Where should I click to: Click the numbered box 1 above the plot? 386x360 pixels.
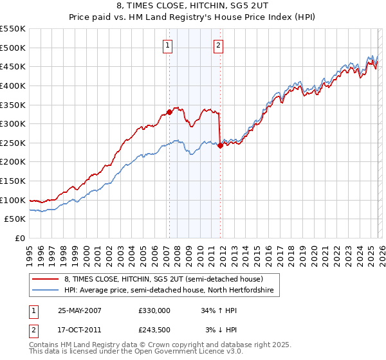pos(167,45)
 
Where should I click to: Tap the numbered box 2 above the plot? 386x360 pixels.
pos(219,45)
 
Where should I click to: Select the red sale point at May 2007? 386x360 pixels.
pos(169,112)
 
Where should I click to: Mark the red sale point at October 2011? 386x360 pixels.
pos(220,145)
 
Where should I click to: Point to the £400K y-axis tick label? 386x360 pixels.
pos(13,85)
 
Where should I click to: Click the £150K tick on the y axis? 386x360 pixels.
pos(13,181)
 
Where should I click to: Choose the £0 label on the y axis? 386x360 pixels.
pos(19,239)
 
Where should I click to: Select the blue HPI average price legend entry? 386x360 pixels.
pos(168,291)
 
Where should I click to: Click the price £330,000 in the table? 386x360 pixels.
pos(154,310)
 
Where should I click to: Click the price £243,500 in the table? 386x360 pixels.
pos(154,329)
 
